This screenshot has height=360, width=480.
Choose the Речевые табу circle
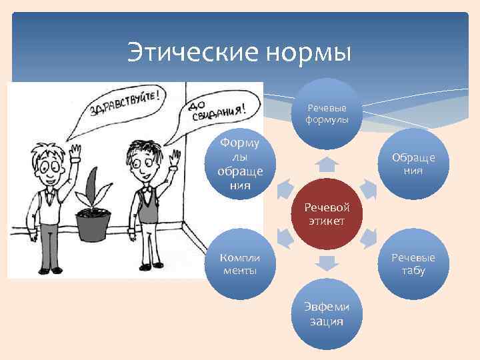point(413,264)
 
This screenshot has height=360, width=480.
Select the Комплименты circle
point(240,264)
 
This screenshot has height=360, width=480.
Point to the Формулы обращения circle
point(240,163)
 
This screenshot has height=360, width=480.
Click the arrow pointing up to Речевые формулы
point(325,163)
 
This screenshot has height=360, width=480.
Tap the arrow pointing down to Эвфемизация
point(325,264)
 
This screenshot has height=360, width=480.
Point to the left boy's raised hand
point(75,153)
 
